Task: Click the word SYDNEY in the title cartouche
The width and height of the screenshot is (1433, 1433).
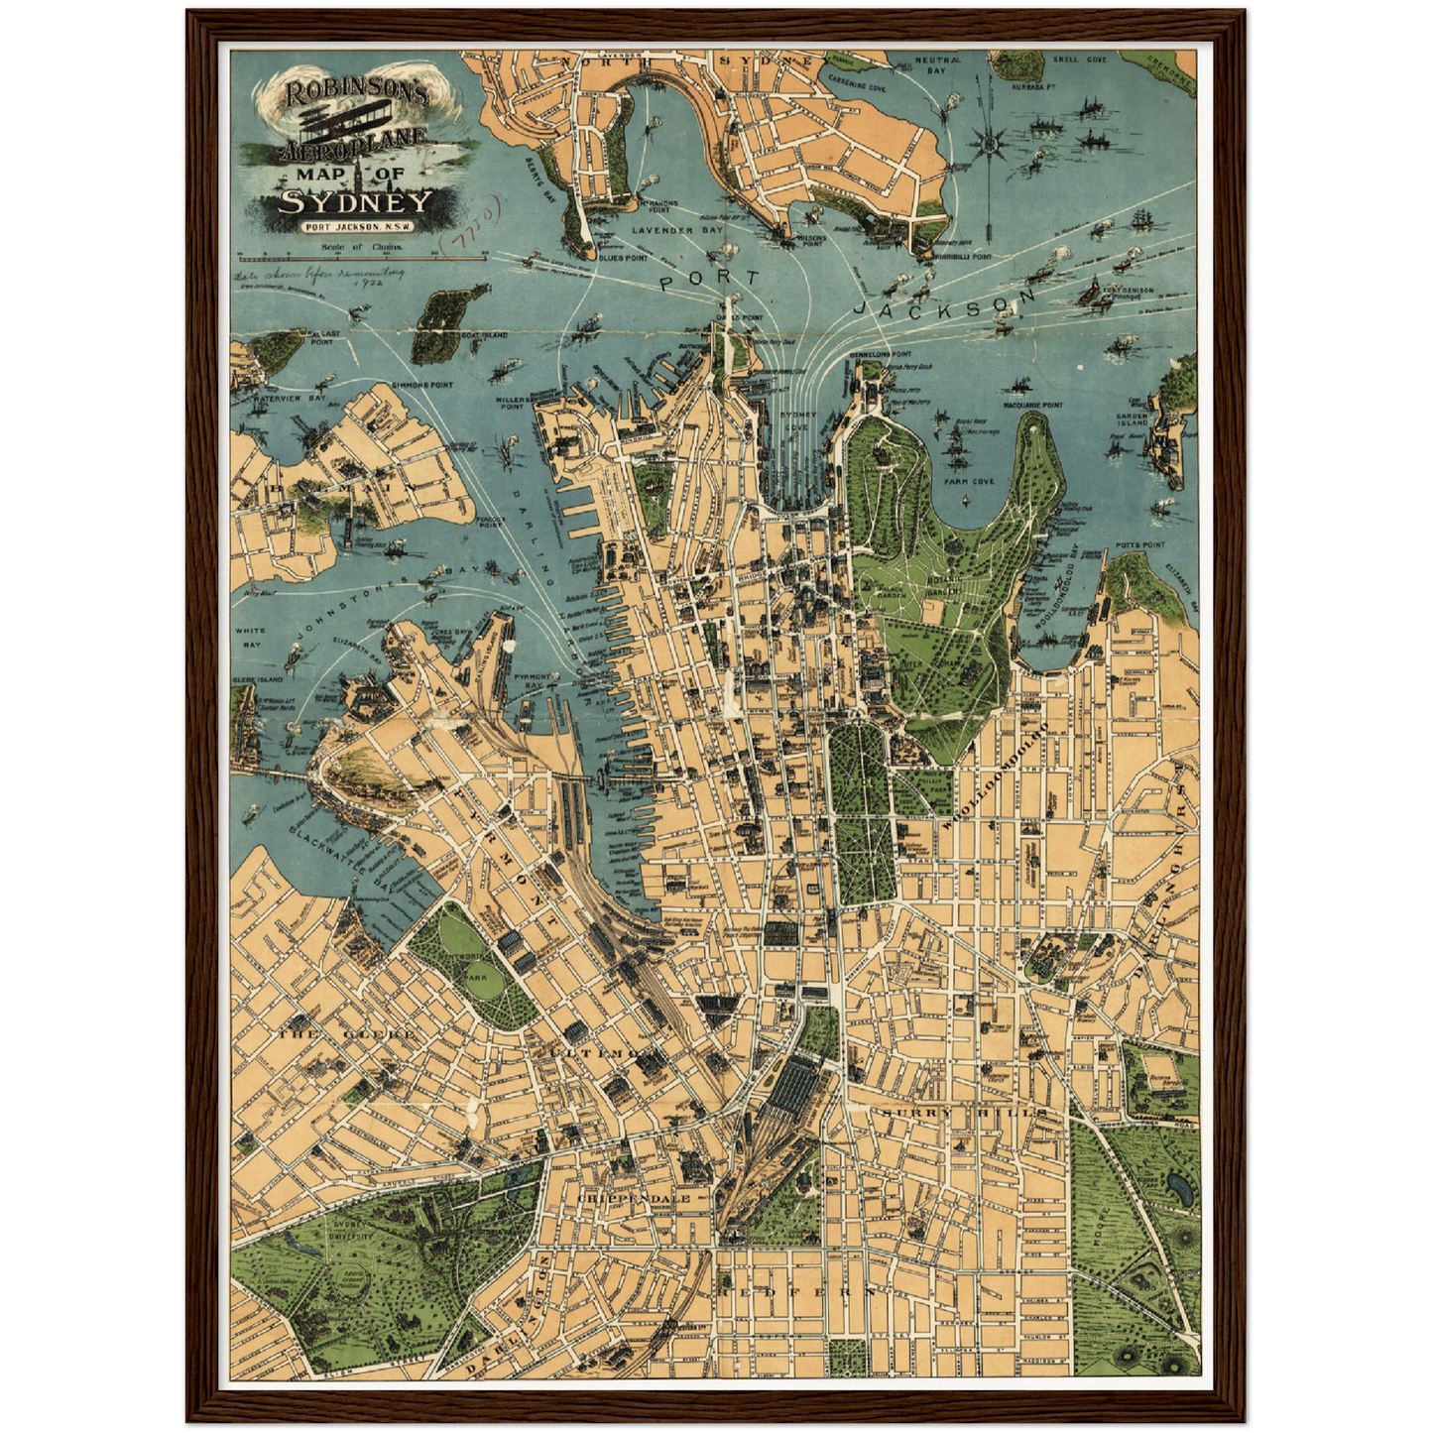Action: (356, 202)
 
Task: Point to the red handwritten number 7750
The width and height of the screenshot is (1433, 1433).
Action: (475, 221)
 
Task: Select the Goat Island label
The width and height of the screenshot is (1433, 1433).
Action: (484, 335)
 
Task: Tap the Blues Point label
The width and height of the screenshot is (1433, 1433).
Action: (623, 257)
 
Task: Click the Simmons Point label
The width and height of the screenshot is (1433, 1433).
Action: (421, 384)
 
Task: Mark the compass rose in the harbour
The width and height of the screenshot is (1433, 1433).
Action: (990, 143)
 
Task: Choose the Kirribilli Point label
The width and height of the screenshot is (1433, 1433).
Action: (963, 256)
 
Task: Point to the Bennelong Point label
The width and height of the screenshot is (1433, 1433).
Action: (880, 354)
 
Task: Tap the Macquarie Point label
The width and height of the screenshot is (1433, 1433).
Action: (1033, 405)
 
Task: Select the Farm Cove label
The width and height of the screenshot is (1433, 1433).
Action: (969, 482)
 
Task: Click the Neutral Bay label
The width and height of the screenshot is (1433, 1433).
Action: (937, 65)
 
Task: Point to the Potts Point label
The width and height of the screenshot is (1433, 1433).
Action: (1139, 544)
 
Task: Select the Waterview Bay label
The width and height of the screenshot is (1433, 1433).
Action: (275, 398)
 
